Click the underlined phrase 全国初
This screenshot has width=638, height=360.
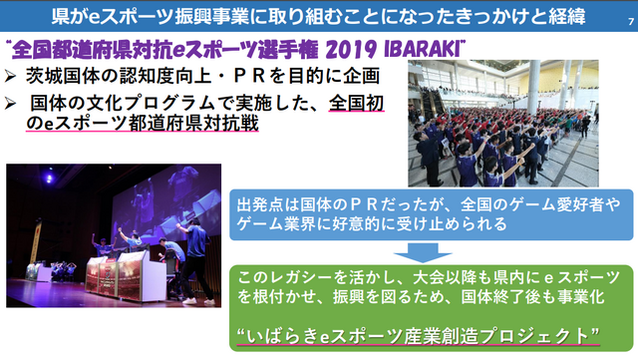pyautogui.click(x=357, y=103)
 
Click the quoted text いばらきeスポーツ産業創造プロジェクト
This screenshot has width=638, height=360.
pyautogui.click(x=425, y=333)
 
